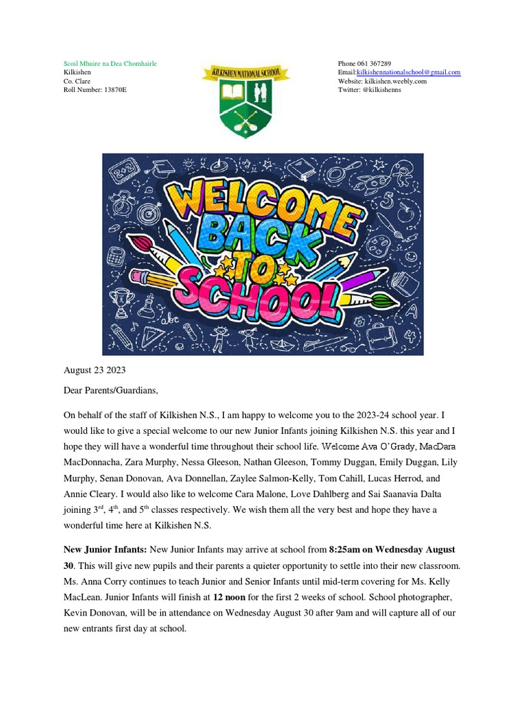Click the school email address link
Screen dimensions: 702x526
coord(409,72)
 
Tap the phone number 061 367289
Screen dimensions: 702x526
coord(376,63)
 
